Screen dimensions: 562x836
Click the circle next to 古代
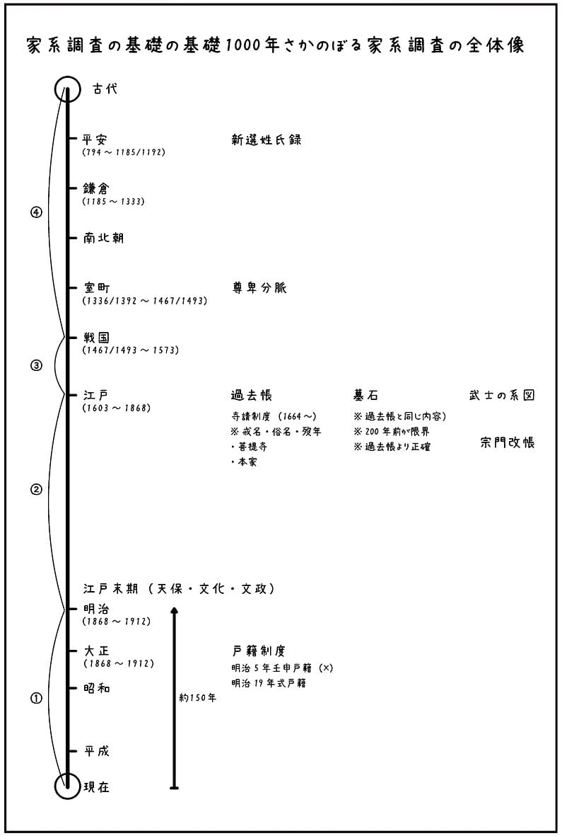point(56,89)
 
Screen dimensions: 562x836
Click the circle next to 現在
point(56,786)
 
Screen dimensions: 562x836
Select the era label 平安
point(95,139)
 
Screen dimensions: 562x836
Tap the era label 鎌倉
point(96,189)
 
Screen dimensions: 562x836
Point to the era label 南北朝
point(103,238)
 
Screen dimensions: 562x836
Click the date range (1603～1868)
point(117,408)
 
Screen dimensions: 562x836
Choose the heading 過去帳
point(251,395)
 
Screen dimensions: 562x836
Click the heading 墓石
point(365,395)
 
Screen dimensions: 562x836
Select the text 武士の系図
point(501,395)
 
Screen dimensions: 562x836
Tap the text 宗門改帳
point(507,442)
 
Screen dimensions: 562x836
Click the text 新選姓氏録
point(266,139)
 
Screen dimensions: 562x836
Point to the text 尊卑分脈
point(259,288)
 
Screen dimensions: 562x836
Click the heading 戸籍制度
point(259,651)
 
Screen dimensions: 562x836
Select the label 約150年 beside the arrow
point(197,698)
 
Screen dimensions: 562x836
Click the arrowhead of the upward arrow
point(174,609)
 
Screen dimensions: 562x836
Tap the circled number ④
point(35,212)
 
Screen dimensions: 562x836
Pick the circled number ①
point(35,698)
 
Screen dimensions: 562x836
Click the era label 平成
point(96,751)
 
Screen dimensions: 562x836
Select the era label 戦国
point(96,338)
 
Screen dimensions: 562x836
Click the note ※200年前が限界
point(392,431)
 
